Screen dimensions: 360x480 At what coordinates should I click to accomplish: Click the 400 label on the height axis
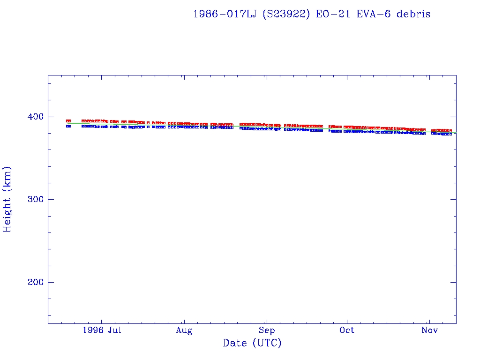(x=35, y=117)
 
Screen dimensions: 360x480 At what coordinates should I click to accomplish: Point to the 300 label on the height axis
(x=35, y=200)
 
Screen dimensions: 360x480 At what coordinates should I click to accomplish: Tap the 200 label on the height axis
(x=35, y=283)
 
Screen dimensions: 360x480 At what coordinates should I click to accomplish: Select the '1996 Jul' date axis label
(x=102, y=330)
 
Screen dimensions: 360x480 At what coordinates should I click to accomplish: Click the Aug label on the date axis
(x=184, y=330)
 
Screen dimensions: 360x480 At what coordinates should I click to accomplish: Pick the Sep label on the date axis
(x=267, y=330)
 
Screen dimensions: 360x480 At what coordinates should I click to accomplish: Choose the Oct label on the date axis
(x=347, y=330)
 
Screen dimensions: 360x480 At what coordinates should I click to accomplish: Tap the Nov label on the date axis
(x=429, y=330)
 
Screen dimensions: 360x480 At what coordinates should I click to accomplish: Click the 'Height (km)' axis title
(x=7, y=199)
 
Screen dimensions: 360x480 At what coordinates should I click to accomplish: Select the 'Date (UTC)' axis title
(x=252, y=344)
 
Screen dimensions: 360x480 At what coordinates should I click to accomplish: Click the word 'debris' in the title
(x=413, y=14)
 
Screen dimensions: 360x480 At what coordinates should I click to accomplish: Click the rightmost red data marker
(x=450, y=130)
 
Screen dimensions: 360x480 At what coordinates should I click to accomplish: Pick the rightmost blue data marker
(x=450, y=134)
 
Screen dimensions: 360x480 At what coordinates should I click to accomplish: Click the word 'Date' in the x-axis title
(x=235, y=344)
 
